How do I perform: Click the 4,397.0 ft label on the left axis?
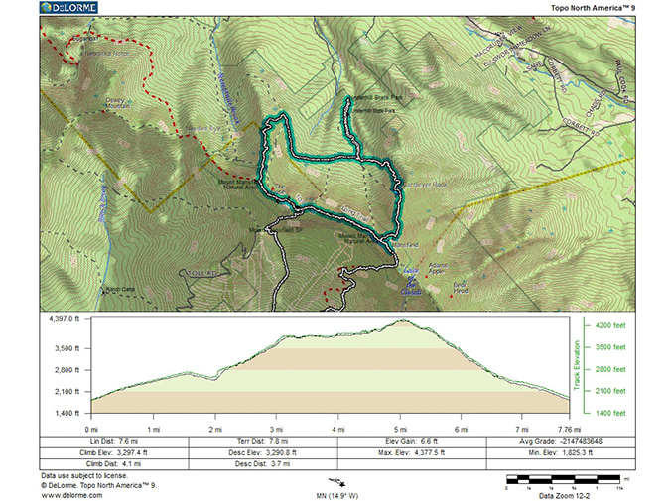click(69, 319)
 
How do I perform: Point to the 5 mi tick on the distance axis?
click(399, 428)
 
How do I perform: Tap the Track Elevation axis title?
click(579, 364)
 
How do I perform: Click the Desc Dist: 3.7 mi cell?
click(264, 463)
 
